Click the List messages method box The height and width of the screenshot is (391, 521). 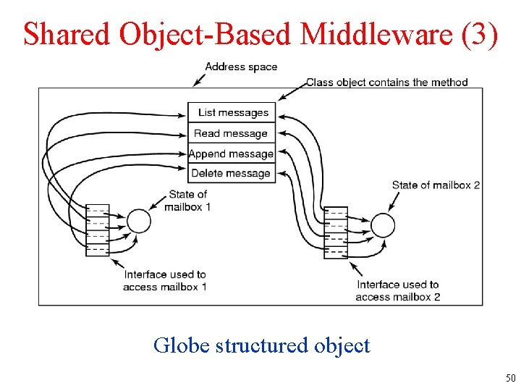[x=232, y=112]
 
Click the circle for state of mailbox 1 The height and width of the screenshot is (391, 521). [x=138, y=221]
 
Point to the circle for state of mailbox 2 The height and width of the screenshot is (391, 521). [x=383, y=224]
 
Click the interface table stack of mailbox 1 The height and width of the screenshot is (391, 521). [x=97, y=230]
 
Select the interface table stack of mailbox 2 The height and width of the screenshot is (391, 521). [x=336, y=233]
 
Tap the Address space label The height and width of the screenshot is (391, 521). [x=241, y=67]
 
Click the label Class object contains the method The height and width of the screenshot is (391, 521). [x=386, y=83]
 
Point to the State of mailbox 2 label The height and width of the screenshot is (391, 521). [x=436, y=185]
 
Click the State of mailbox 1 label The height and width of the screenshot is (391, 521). [x=188, y=201]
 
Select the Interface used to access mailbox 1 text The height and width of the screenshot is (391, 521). [x=165, y=280]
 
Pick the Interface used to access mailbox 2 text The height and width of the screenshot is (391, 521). [x=397, y=290]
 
